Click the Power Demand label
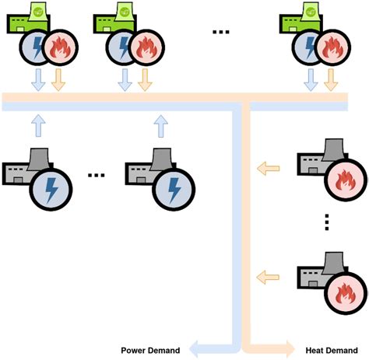(151, 349)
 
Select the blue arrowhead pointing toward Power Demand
(197, 348)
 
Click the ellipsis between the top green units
(221, 32)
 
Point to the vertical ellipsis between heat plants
(328, 223)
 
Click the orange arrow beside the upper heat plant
(269, 166)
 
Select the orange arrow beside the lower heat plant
(269, 274)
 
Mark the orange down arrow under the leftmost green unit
(58, 79)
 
